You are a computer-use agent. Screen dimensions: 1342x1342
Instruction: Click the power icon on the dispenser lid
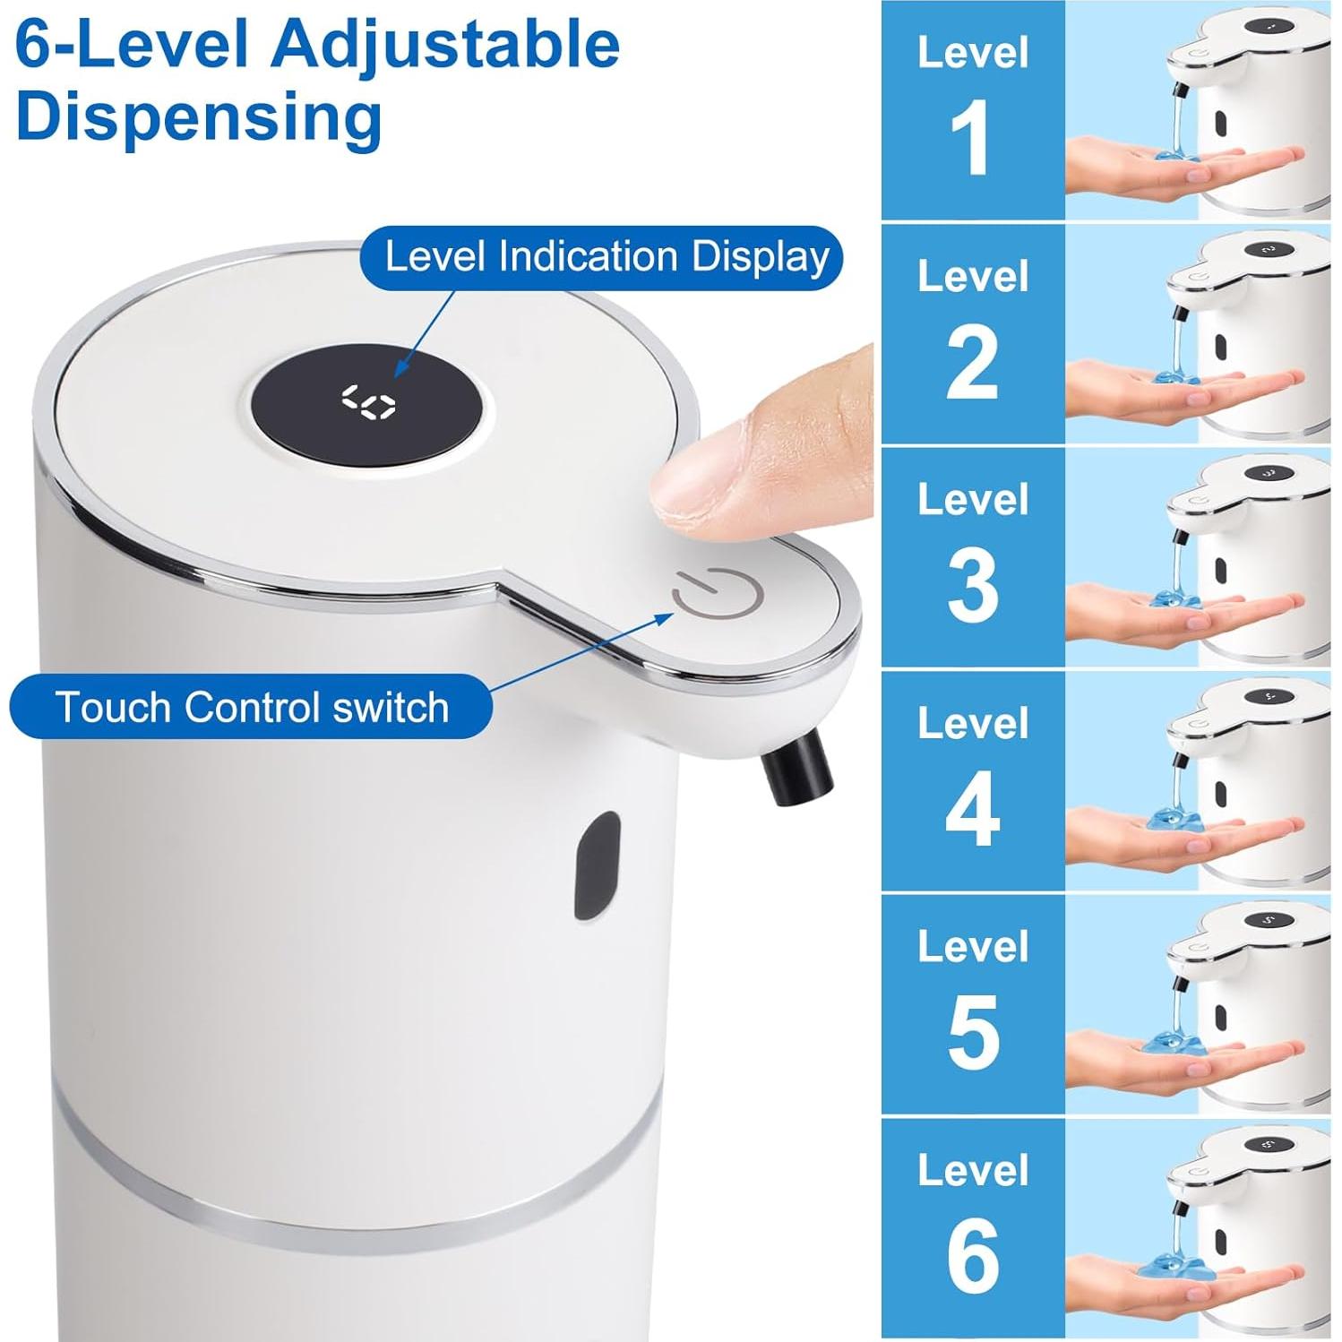[717, 593]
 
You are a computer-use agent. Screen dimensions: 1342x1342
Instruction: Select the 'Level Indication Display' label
[606, 257]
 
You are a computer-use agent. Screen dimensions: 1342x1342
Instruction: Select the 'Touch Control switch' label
[251, 707]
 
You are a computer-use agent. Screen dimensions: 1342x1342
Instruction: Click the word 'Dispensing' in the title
[199, 116]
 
